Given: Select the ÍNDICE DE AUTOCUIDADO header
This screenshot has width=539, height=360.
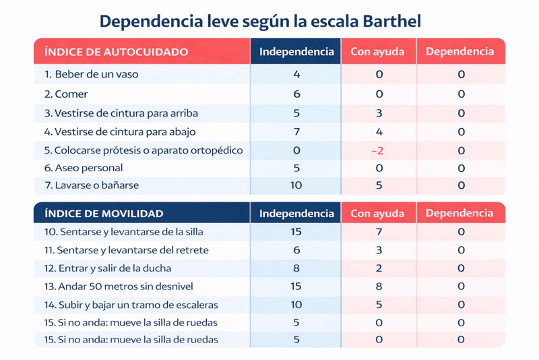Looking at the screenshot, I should tap(116, 51).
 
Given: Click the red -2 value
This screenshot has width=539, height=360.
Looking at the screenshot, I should tap(377, 150).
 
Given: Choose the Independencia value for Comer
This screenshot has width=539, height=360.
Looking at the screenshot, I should tap(296, 94).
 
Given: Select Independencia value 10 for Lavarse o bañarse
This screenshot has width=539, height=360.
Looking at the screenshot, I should tap(296, 185).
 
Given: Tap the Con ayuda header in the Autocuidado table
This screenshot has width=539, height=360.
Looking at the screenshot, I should tap(377, 52).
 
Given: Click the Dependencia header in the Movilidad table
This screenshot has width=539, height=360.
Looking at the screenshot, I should tap(460, 214).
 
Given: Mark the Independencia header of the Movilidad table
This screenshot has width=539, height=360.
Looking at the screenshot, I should tap(296, 214).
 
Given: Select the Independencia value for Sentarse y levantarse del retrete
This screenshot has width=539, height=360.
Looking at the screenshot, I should tap(296, 250).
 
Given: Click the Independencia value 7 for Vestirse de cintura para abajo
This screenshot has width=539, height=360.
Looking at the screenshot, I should tap(296, 131).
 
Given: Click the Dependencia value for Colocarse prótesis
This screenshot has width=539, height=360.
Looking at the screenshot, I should tap(461, 150).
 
